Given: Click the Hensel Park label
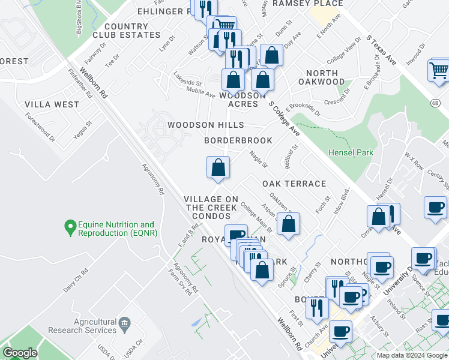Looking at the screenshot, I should click(x=351, y=152).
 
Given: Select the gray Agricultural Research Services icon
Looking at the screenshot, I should click(x=124, y=324).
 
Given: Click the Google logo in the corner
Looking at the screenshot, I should click(x=20, y=353).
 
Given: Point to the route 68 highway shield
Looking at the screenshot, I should click(x=433, y=103).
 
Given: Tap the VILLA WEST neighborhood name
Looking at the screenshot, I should click(x=52, y=104).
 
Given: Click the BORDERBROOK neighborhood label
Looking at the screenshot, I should click(x=238, y=140).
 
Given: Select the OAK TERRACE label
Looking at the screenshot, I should click(x=294, y=184).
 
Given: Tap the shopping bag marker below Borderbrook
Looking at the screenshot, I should click(x=218, y=167).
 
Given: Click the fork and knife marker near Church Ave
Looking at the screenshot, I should click(x=316, y=308).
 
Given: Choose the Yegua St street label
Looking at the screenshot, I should click(x=88, y=131).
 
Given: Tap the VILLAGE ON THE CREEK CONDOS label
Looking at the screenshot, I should click(x=211, y=207).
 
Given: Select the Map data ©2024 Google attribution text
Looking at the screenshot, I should click(x=412, y=355).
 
